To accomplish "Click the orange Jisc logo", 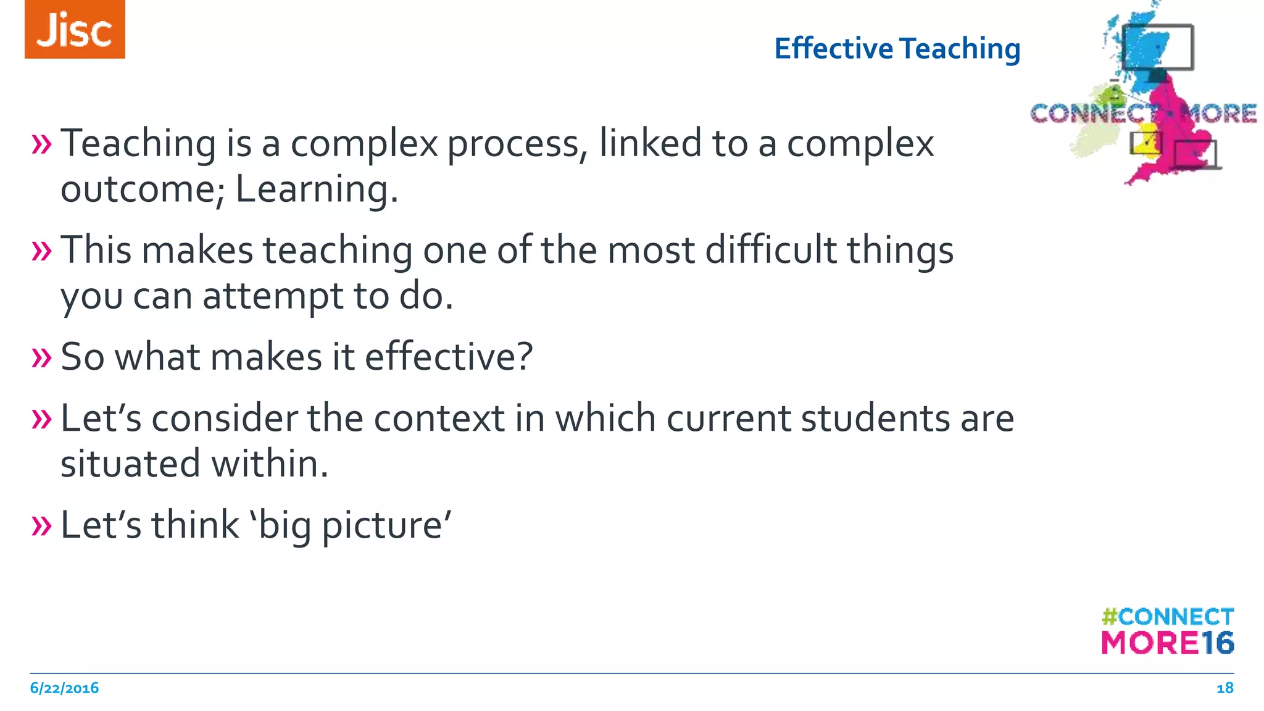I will click(75, 30).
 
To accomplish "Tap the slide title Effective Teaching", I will click(897, 49).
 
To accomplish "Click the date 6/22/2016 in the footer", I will click(64, 688).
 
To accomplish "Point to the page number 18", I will click(1224, 688).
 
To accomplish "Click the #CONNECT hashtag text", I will click(1167, 617).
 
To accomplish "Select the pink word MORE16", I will click(1167, 643).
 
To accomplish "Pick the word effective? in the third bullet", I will click(449, 357).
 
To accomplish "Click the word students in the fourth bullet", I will click(875, 418).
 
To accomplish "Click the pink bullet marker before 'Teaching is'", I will click(41, 144).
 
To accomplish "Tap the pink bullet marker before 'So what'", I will click(41, 357).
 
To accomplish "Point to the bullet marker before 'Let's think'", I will click(41, 526).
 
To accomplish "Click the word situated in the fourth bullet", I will click(130, 464).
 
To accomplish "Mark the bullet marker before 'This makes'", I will click(41, 251).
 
